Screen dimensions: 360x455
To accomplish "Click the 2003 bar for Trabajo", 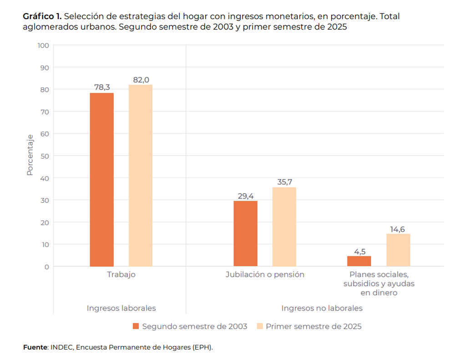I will coord(101,180).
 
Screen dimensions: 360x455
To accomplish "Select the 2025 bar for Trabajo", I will coord(141,175).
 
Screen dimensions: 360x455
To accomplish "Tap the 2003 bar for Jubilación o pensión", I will coord(245,234).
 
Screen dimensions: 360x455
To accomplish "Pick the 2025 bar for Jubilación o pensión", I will coord(284,227).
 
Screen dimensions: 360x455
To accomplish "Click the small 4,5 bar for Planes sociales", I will coord(359,261).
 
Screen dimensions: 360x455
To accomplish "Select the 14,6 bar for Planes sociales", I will coord(398,250).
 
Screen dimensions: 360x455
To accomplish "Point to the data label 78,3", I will coord(102,87).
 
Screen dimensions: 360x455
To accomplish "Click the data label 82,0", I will coord(141,80).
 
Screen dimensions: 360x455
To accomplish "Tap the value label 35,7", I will coord(285,182).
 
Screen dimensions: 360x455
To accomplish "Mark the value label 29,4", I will coord(246,196).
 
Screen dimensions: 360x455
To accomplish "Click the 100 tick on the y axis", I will coord(43,45).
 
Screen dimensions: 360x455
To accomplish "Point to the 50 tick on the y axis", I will coord(45,156).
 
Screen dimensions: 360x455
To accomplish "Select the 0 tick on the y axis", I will coord(47,267).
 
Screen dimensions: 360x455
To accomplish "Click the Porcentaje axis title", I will coord(30,155).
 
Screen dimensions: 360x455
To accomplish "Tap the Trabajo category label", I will coord(121,275).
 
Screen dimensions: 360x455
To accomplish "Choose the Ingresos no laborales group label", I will coord(322,308).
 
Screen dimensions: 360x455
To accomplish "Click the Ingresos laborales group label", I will coord(121,308).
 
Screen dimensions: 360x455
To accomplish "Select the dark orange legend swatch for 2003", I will coord(135,326).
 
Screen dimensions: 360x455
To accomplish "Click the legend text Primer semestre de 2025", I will coord(313,326).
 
